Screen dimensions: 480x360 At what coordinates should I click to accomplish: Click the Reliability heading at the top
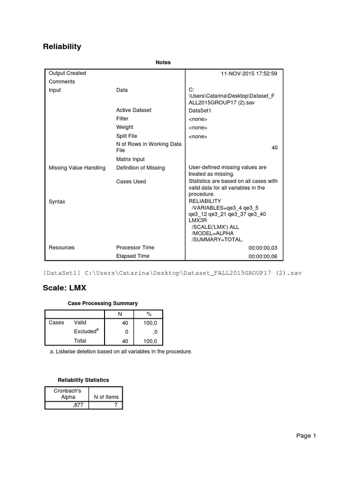tap(62, 46)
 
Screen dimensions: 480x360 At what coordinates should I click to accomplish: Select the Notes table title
tap(163, 62)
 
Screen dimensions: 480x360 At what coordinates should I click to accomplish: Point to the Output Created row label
tap(67, 73)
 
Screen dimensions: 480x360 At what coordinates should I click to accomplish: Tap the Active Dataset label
tap(134, 110)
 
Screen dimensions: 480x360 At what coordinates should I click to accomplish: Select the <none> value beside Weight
tap(197, 127)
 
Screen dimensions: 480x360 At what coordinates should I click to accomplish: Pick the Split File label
tap(127, 136)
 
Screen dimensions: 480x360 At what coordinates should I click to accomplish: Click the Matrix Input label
tap(130, 159)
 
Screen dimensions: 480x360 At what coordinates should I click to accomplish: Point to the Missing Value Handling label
tap(77, 168)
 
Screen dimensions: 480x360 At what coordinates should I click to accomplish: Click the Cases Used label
tap(131, 181)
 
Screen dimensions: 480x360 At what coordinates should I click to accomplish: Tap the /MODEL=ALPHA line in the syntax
tap(212, 233)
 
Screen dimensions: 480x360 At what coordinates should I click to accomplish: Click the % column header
tap(149, 313)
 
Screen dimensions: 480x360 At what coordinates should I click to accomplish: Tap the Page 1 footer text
tap(306, 436)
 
